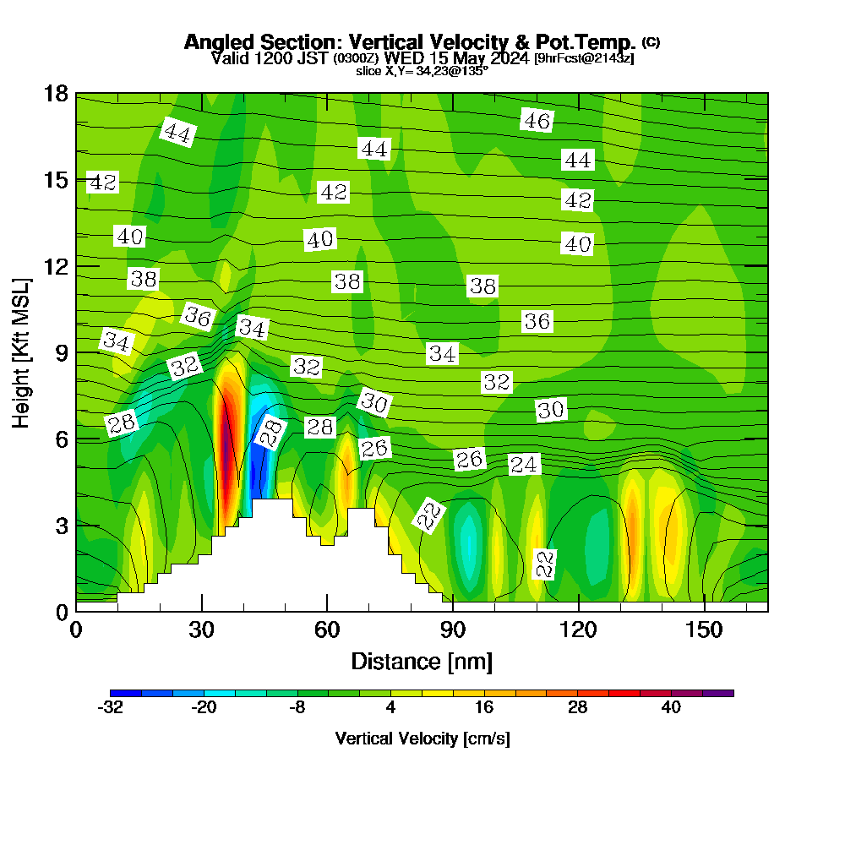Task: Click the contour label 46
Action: tap(537, 121)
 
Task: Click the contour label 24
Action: tap(524, 464)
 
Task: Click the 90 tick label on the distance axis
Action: tap(453, 630)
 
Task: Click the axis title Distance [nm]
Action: tap(422, 661)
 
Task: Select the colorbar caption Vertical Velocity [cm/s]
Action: tap(422, 739)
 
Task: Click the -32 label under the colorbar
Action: tap(111, 708)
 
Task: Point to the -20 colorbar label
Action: tap(204, 708)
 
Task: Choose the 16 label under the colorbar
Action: tap(483, 708)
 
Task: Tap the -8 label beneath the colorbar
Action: tap(297, 708)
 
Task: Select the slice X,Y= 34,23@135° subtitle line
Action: tap(422, 71)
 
